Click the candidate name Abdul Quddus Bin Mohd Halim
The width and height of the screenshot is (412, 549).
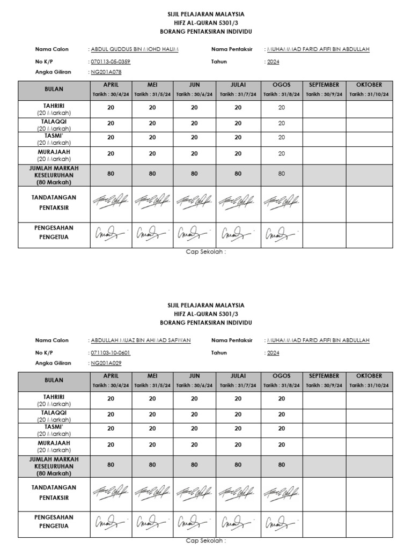(135, 49)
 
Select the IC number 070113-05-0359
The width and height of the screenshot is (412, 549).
(111, 62)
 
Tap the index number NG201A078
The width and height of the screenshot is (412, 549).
(106, 71)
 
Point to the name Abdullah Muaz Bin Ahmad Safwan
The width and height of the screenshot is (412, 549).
(141, 340)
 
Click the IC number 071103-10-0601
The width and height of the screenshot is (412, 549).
(111, 353)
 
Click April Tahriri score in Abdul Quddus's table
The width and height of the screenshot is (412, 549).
(111, 108)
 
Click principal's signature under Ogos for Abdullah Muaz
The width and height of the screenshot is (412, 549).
(282, 522)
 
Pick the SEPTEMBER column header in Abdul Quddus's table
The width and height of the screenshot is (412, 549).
(324, 85)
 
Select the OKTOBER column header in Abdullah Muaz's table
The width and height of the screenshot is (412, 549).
(368, 376)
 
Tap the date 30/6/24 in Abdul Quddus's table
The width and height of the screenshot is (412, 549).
(194, 94)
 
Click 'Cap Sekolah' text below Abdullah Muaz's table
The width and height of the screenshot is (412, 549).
(205, 541)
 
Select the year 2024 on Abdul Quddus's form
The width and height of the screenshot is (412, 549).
(273, 62)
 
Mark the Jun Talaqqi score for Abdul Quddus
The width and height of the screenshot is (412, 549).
(194, 123)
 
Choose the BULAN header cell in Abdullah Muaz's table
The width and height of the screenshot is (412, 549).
(54, 381)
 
